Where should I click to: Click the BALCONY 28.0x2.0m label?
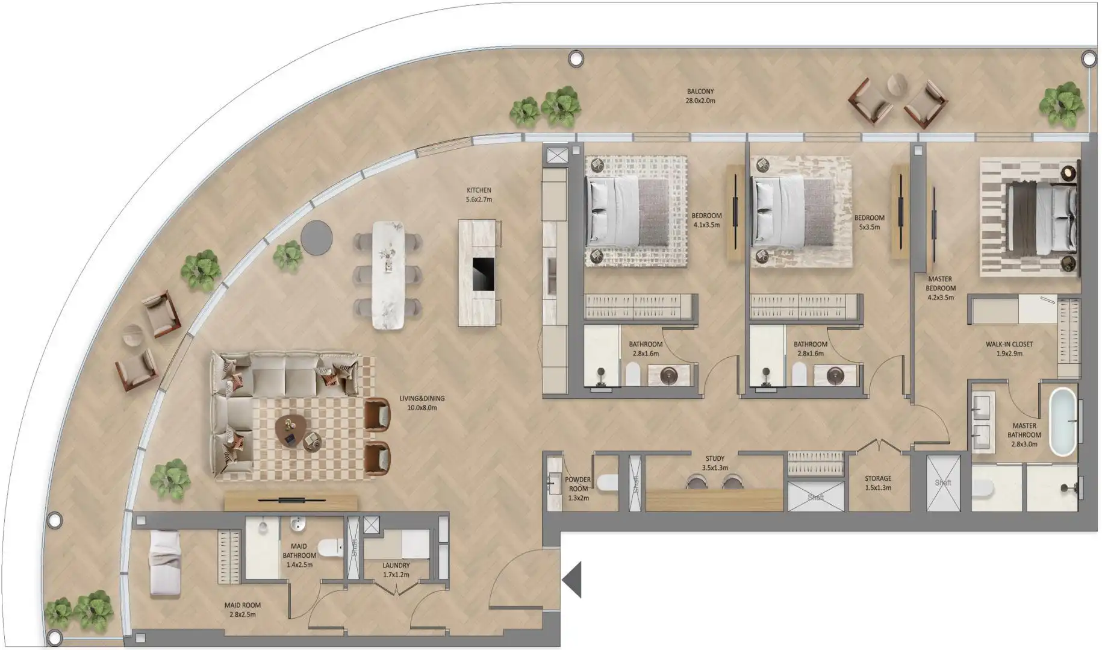coord(700,96)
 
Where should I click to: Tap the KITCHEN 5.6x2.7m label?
coord(479,195)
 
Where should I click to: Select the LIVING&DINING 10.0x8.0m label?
coord(422,403)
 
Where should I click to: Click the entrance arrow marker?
coord(573,580)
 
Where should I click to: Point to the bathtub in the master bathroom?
coord(1062,421)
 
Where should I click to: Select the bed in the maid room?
coord(164,563)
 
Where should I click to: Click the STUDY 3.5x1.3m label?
coord(715,463)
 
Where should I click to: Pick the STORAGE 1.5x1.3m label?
coord(877,483)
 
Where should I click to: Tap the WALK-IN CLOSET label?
coord(1009,349)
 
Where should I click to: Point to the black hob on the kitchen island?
coord(483,275)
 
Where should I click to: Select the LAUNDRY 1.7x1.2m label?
coord(396,570)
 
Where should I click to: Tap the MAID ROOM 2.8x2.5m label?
coord(242,610)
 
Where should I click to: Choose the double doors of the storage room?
coord(879,446)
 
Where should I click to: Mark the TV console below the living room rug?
coord(291,501)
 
